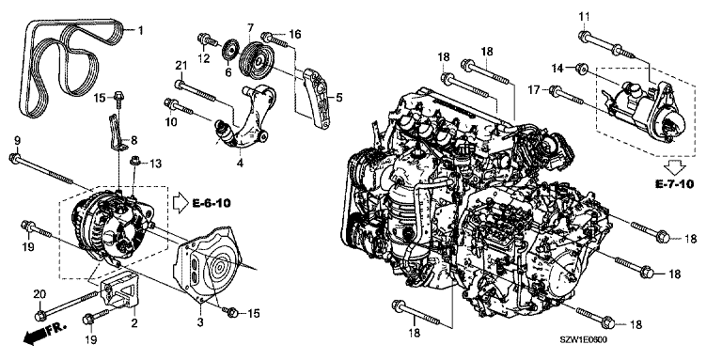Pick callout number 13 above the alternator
[156, 164]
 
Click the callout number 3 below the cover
[200, 322]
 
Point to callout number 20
[39, 292]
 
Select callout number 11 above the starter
[584, 16]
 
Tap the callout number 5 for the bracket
[339, 97]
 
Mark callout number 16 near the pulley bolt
[294, 34]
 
